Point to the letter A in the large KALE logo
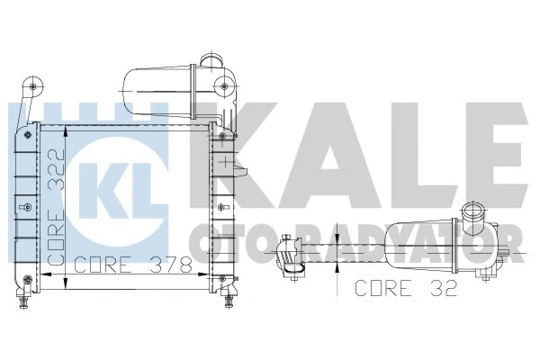click(351, 157)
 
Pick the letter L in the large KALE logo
click(416, 157)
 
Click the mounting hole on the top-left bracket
click(34, 87)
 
